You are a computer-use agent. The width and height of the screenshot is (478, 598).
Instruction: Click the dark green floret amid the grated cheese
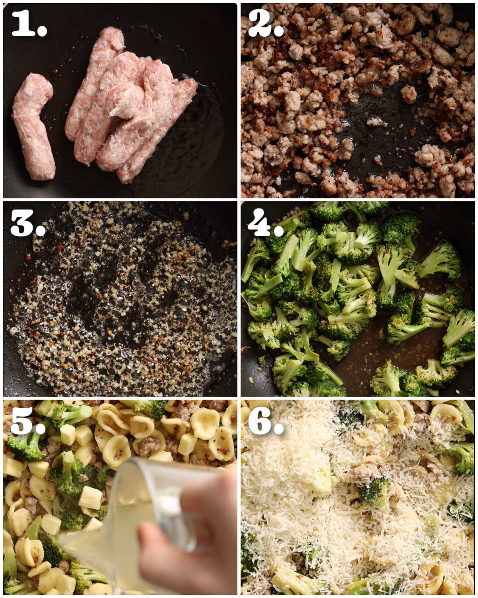372,490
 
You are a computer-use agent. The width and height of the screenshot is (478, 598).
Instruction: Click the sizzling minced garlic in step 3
119,299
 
